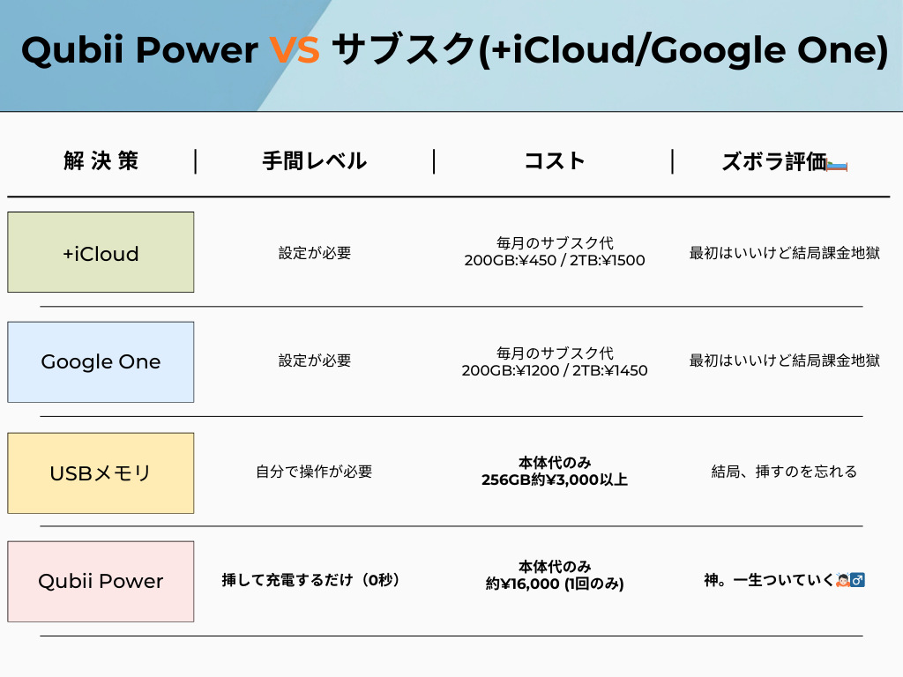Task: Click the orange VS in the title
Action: (295, 49)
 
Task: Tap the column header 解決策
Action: (101, 160)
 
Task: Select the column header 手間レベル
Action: (315, 160)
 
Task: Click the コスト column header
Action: (555, 160)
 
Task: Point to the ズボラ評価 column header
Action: (774, 162)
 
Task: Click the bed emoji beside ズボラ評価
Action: (837, 166)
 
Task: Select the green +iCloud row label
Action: (101, 252)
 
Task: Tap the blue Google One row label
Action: (101, 362)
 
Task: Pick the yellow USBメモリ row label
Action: (101, 473)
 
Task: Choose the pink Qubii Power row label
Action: (101, 582)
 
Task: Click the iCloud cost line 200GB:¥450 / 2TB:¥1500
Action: (555, 260)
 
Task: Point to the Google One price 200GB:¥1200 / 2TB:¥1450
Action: (555, 370)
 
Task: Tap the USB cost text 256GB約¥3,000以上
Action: (555, 480)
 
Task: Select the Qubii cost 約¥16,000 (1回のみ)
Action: (555, 584)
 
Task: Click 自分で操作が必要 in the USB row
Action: (314, 472)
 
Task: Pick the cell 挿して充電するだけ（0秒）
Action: (310, 580)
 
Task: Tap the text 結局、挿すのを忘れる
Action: (784, 472)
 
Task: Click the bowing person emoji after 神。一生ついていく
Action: (842, 580)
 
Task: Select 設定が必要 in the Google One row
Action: (315, 361)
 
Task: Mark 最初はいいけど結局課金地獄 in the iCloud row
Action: (784, 253)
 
